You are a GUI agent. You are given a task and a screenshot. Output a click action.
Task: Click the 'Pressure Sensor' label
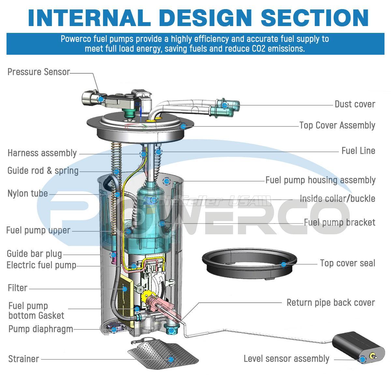click(39, 72)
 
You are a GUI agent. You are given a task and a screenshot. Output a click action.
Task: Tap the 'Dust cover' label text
click(355, 104)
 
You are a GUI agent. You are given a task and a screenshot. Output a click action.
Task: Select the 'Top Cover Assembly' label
click(337, 125)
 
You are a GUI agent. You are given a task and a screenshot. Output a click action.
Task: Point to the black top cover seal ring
click(249, 263)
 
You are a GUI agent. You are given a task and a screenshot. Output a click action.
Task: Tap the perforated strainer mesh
click(163, 356)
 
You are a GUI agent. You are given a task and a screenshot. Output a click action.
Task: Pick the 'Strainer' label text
click(23, 359)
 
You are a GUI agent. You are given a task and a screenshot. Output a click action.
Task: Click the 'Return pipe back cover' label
click(331, 302)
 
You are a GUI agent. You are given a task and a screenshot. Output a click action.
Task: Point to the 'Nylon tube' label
click(28, 193)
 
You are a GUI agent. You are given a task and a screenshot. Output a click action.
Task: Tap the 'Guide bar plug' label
click(34, 254)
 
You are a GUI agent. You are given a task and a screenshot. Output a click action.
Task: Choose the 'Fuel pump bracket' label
click(340, 223)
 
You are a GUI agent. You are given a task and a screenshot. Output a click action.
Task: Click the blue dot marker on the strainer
click(171, 359)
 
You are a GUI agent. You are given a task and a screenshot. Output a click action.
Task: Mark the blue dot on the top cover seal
click(283, 264)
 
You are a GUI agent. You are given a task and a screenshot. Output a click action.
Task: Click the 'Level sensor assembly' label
click(286, 359)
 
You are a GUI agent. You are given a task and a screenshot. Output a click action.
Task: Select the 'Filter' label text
click(18, 288)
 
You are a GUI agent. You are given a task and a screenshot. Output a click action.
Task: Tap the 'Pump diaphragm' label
click(41, 329)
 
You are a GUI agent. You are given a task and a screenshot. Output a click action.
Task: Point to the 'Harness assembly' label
click(42, 153)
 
